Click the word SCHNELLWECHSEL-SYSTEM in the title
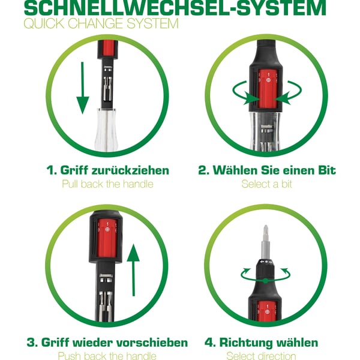(x=175, y=8)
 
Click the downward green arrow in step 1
(x=82, y=88)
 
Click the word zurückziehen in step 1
(x=130, y=170)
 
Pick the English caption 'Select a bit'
(x=266, y=184)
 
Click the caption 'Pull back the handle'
(x=107, y=184)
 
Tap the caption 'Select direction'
(x=261, y=356)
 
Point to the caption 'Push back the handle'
(x=107, y=356)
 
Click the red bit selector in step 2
(x=268, y=89)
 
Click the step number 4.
(x=209, y=343)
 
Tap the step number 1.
(x=50, y=170)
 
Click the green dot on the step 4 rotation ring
(x=265, y=281)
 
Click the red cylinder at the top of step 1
(x=108, y=48)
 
